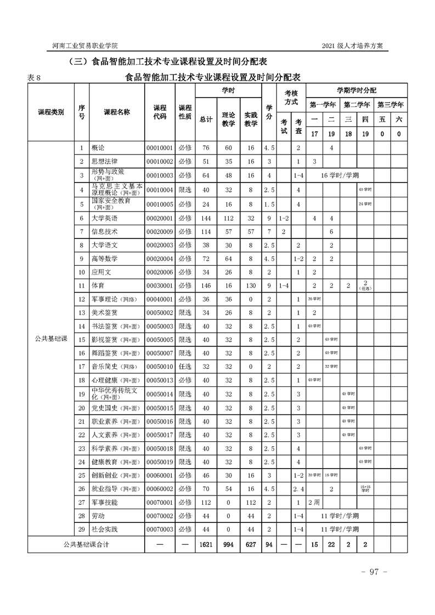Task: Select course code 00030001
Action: click(159, 286)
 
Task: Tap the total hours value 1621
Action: click(206, 545)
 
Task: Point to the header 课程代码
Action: click(159, 112)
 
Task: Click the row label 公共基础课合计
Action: click(86, 545)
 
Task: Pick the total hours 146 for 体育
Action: click(206, 286)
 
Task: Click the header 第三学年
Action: click(391, 104)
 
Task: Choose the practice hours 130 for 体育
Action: click(251, 286)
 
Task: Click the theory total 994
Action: click(228, 545)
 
